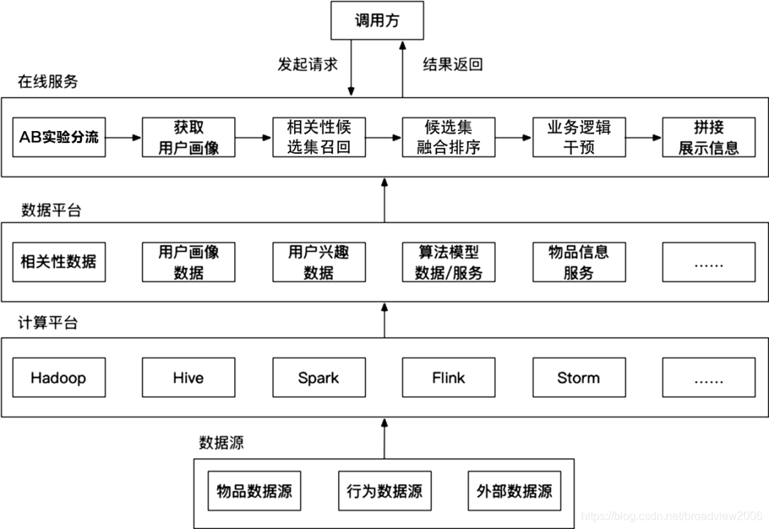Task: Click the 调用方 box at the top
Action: click(377, 20)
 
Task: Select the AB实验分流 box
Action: click(59, 137)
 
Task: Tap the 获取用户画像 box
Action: click(189, 137)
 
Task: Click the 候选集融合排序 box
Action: click(449, 137)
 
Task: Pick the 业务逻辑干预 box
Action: click(579, 137)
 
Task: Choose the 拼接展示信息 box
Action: click(708, 137)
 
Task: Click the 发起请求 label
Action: click(308, 64)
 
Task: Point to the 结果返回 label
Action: click(453, 64)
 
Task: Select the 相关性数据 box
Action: click(59, 261)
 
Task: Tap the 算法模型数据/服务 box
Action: click(449, 261)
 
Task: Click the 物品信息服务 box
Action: click(579, 261)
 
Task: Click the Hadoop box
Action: click(59, 377)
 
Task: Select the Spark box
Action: click(319, 377)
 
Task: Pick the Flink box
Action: click(449, 377)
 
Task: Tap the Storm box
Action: click(579, 377)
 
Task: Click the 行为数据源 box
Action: click(384, 491)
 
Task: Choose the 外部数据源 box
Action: click(514, 491)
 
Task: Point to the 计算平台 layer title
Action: click(48, 323)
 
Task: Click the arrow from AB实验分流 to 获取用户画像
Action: click(124, 137)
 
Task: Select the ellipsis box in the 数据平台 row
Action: click(708, 261)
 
